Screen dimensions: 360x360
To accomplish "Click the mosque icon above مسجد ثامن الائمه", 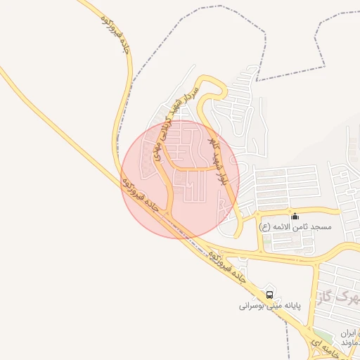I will [295, 217].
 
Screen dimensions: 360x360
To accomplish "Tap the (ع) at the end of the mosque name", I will [264, 227].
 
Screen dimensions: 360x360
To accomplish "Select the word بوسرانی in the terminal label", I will [251, 307].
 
